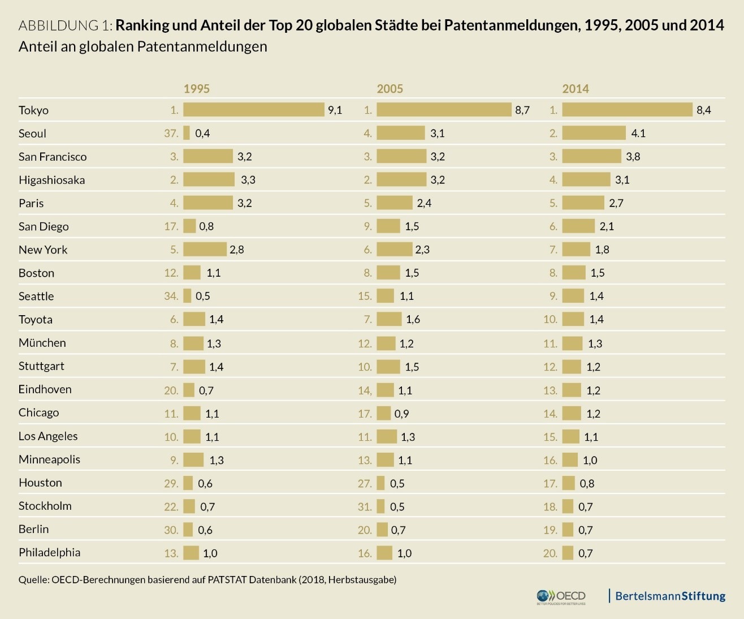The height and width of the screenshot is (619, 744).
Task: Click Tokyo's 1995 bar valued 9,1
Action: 253,110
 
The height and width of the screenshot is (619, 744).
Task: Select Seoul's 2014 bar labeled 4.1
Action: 594,133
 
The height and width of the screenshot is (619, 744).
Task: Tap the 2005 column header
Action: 390,89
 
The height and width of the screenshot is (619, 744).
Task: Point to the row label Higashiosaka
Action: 51,180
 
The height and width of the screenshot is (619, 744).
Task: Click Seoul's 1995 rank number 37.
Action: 171,133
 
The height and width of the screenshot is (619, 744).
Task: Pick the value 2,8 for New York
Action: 237,250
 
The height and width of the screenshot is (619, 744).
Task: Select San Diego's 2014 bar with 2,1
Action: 578,226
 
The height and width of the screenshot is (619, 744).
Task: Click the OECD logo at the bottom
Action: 561,596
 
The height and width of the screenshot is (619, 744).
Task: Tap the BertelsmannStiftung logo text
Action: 670,596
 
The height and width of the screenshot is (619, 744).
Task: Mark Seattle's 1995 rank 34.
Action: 171,296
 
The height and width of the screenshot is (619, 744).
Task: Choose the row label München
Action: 42,343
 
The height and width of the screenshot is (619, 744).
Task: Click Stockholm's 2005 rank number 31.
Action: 365,506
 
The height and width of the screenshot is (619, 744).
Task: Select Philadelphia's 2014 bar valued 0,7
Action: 568,553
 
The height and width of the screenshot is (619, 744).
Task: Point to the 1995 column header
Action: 196,89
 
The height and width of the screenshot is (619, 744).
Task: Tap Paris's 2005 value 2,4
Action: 424,203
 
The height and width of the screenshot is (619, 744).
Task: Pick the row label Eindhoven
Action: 45,389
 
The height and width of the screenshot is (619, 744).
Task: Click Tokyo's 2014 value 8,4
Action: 704,110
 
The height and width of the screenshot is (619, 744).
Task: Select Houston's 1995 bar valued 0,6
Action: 188,483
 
